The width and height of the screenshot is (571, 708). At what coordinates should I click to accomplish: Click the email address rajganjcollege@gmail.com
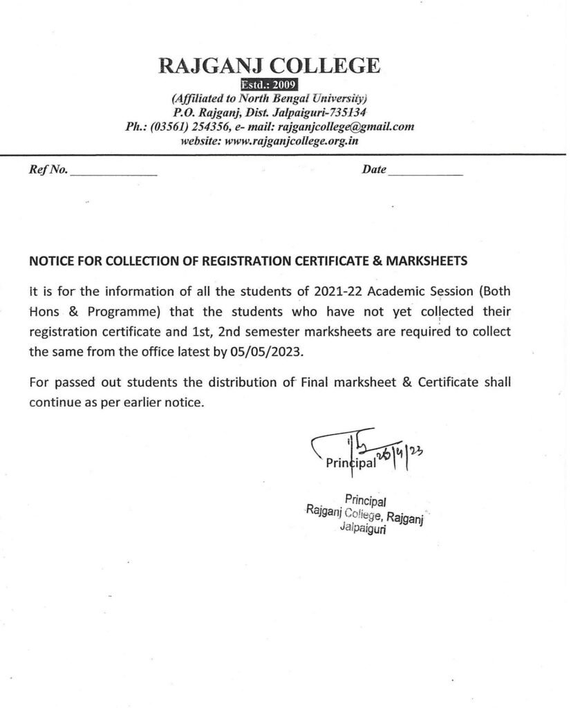tap(345, 127)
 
